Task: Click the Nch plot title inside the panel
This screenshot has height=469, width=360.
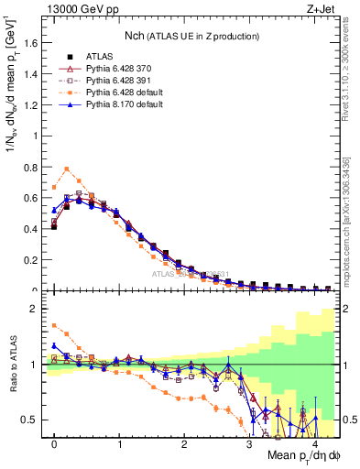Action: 193,36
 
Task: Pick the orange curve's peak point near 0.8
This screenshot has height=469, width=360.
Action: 67,169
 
